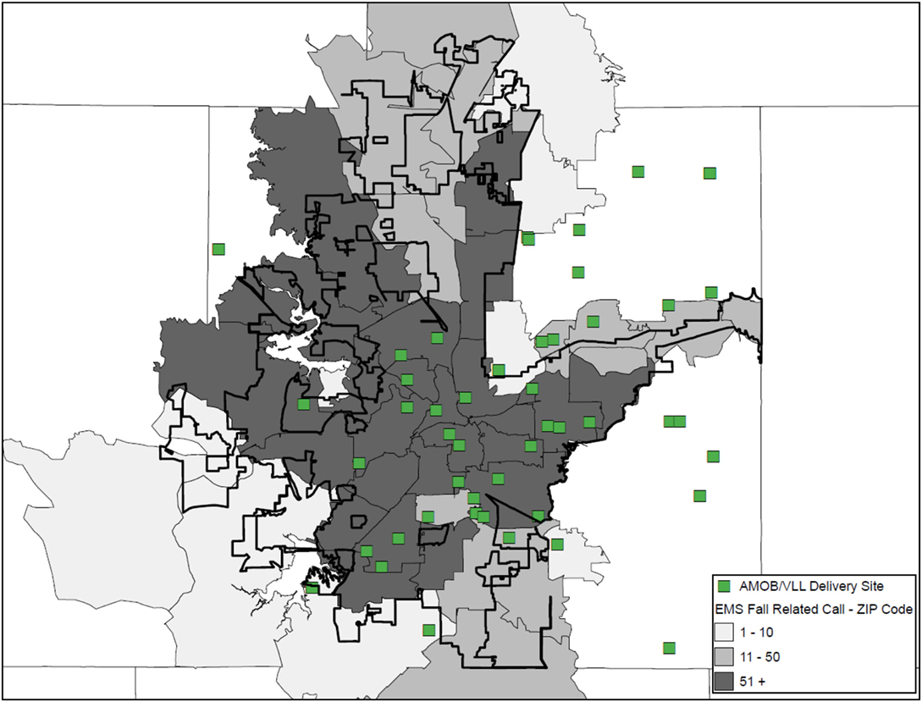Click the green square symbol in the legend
[724, 586]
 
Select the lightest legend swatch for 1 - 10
[724, 632]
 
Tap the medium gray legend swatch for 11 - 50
[724, 656]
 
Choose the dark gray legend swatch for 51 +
[724, 680]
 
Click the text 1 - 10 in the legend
[757, 632]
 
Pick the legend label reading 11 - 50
[760, 656]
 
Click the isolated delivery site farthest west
[218, 249]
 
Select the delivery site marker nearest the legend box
[669, 648]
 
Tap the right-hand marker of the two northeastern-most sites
[710, 174]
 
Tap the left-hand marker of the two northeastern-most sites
[638, 172]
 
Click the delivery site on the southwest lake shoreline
[312, 588]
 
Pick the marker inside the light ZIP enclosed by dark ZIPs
[499, 370]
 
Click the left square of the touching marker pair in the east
[669, 421]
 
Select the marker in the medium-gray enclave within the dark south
[428, 517]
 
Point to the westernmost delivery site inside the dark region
[303, 405]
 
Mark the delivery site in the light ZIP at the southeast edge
[557, 544]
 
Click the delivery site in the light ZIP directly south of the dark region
[428, 629]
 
